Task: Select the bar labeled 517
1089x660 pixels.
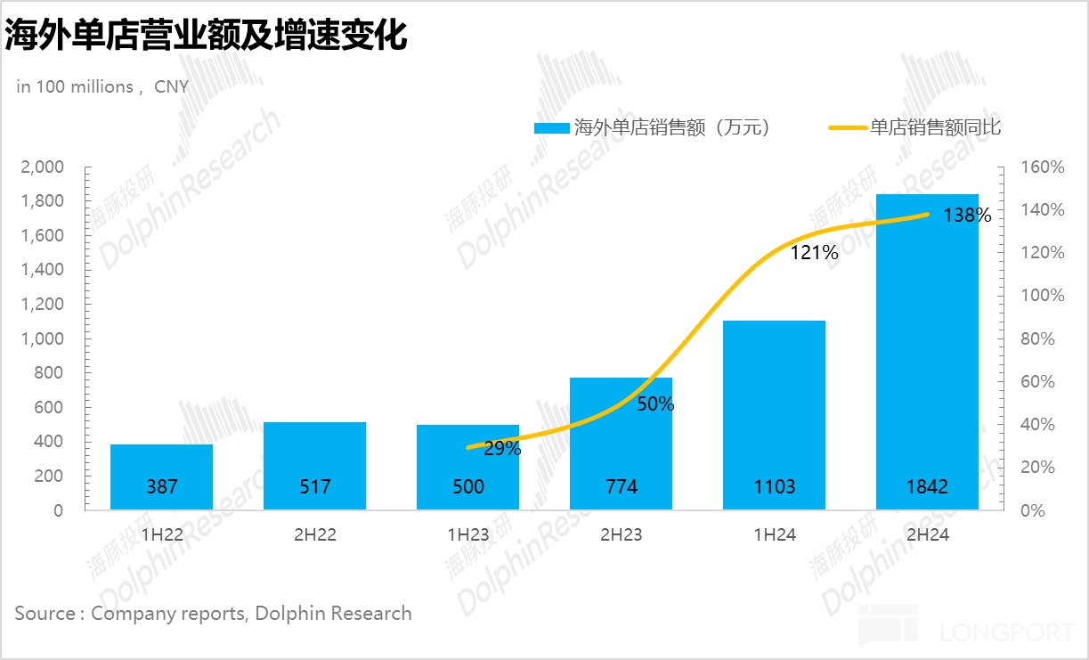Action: [x=315, y=486]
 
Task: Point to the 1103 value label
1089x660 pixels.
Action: [x=774, y=486]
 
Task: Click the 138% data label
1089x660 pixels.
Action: [x=967, y=216]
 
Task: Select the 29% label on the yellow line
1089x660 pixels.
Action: [x=502, y=449]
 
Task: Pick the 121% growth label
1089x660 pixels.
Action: [x=815, y=253]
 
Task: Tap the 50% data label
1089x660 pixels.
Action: [x=655, y=403]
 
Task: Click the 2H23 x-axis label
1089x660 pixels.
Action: [x=621, y=535]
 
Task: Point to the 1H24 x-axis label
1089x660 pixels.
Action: [x=774, y=535]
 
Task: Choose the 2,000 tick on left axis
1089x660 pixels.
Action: [x=43, y=167]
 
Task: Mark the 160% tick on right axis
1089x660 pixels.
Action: [x=1044, y=167]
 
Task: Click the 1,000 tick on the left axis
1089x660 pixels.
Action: [x=43, y=338]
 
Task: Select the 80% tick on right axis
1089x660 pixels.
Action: [x=1040, y=338]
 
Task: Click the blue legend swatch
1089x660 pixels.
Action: [x=551, y=128]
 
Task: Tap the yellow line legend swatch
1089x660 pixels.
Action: [x=847, y=128]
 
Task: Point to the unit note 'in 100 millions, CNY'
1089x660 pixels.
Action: [x=102, y=86]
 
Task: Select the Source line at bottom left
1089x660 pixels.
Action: [x=214, y=613]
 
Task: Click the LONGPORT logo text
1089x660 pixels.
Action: [x=1006, y=633]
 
